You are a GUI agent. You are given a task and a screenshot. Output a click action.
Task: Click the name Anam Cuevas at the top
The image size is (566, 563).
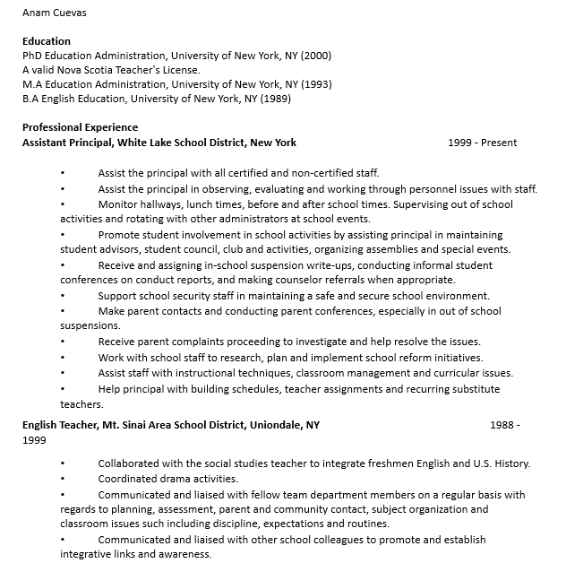(55, 13)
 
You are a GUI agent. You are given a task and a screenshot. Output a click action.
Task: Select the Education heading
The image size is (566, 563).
(47, 41)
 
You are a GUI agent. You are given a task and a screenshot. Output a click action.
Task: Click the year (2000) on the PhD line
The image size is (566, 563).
(316, 56)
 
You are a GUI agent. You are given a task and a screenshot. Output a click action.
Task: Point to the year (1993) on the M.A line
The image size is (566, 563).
(316, 84)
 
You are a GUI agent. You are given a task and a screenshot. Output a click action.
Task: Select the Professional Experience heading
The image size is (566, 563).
(81, 127)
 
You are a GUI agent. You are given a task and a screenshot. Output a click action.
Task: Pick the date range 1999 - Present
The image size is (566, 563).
(483, 142)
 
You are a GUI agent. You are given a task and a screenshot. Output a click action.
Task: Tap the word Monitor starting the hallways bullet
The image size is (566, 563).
(118, 204)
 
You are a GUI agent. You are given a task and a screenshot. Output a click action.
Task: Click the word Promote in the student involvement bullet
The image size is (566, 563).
(119, 235)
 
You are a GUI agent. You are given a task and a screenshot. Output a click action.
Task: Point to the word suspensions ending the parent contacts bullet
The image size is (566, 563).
(90, 325)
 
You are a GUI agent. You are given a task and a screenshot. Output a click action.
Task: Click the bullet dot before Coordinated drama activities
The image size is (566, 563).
(63, 479)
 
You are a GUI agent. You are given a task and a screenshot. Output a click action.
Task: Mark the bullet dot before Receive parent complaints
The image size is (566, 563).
(63, 342)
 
